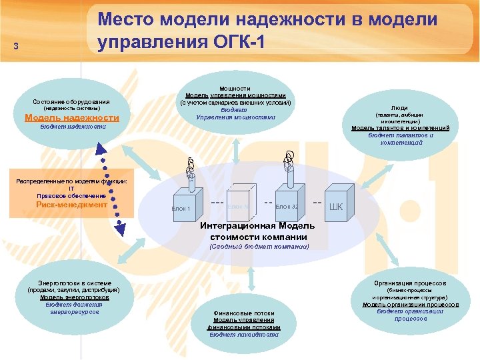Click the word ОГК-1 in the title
coord(237,43)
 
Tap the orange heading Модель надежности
coord(72,117)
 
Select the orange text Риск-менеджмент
coord(71,205)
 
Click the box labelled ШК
coord(337,206)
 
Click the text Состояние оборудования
coord(72,101)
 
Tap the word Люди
coord(400,107)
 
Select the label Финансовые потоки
coord(244,313)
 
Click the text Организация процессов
coord(410,283)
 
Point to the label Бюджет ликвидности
coord(244,335)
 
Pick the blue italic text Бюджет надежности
coord(72,127)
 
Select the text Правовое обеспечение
coord(71,195)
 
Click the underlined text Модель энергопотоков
coord(70,297)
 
